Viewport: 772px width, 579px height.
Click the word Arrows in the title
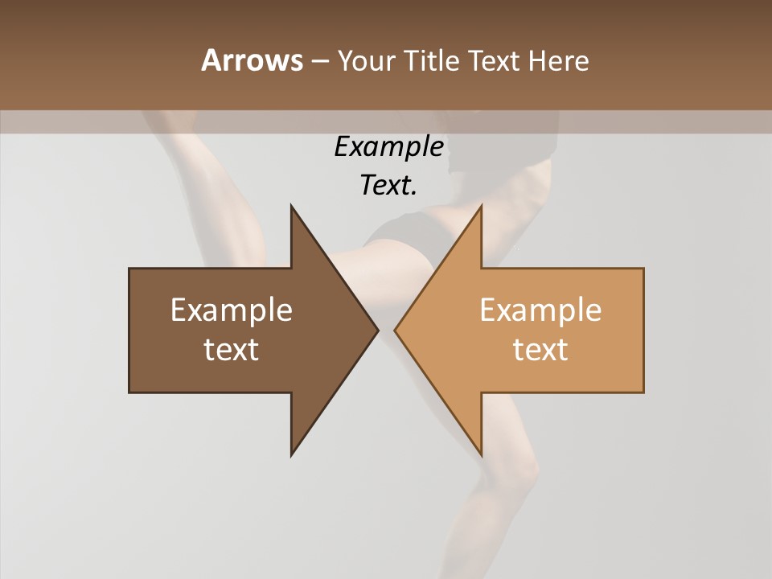tap(252, 60)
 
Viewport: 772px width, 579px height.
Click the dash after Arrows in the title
tap(319, 61)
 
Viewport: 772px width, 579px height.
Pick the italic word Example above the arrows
tap(388, 147)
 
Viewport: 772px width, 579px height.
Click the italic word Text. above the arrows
tap(388, 185)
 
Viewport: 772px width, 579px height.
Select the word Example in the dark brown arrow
tap(232, 310)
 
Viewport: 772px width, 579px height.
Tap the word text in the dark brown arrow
tap(232, 349)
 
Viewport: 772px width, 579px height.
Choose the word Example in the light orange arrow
tap(540, 310)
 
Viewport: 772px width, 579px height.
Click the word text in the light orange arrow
tap(540, 349)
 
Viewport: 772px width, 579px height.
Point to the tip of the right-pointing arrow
tap(378, 330)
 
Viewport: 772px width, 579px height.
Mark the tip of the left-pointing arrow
tap(395, 330)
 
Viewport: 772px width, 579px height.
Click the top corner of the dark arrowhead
tap(291, 205)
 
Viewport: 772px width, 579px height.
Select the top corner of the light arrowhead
tap(481, 205)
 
